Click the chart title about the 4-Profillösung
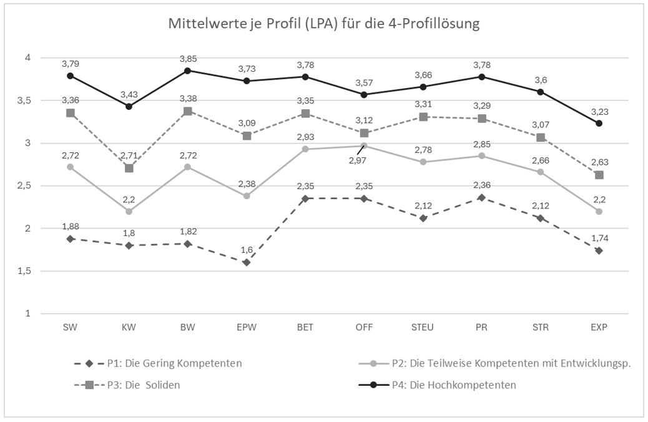coord(324,25)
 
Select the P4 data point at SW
coord(71,76)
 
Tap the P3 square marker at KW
coord(129,168)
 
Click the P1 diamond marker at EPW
coord(246,262)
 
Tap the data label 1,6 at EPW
coord(246,250)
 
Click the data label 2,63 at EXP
coord(601,162)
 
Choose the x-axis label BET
coord(305,326)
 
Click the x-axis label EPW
coord(246,326)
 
